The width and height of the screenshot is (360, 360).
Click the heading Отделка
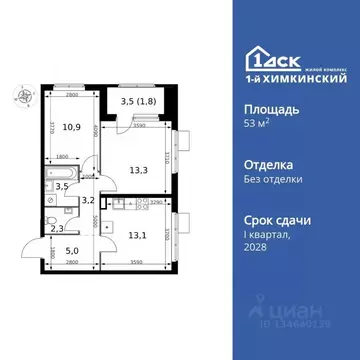pos(259,163)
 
